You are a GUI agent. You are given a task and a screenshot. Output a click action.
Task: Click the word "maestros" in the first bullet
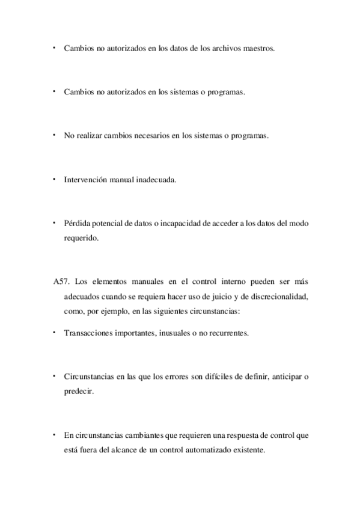259,49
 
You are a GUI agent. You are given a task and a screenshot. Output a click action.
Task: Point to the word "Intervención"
84,180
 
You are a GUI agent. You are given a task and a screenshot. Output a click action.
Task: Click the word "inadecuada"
155,180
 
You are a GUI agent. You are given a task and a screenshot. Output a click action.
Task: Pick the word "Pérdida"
76,224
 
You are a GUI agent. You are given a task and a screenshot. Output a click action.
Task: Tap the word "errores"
187,376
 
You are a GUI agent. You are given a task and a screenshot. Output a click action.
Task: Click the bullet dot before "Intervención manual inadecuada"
53,179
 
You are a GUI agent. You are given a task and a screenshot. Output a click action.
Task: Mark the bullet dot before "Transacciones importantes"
53,332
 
